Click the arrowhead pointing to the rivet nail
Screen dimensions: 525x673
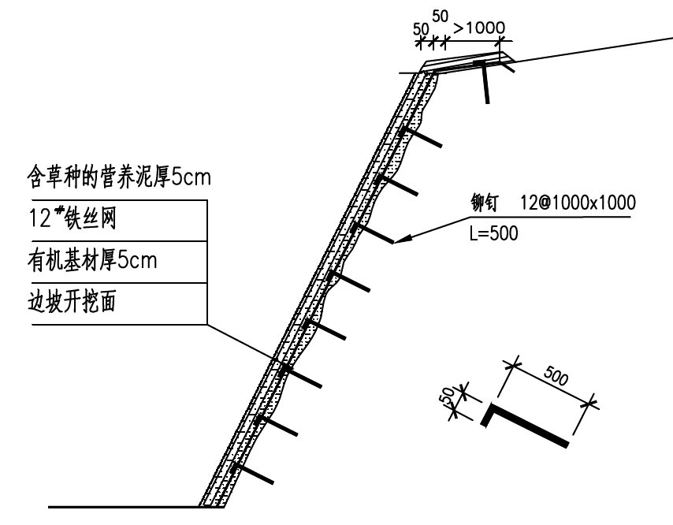pyautogui.click(x=399, y=241)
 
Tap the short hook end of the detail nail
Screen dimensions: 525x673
pyautogui.click(x=486, y=415)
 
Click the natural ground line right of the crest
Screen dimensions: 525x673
pyautogui.click(x=591, y=47)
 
